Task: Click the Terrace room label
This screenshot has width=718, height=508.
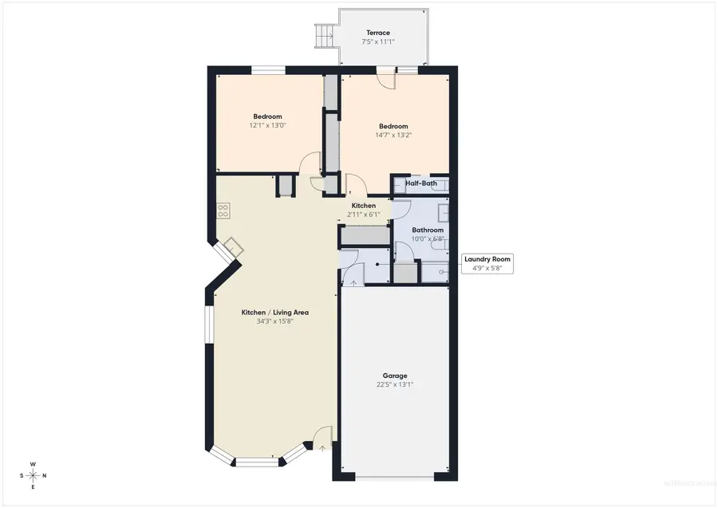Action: [378, 33]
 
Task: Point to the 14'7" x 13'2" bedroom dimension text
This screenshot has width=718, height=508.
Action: [393, 136]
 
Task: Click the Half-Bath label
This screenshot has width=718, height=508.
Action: [420, 183]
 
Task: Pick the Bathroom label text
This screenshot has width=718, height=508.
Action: [427, 230]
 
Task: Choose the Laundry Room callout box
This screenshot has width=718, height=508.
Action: [487, 263]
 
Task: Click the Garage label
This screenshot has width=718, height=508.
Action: [394, 375]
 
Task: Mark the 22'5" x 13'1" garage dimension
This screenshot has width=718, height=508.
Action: [394, 384]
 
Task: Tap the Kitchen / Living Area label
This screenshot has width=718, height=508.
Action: [274, 313]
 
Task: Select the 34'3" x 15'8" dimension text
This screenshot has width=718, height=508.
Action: [274, 322]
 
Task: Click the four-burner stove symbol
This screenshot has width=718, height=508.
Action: [223, 211]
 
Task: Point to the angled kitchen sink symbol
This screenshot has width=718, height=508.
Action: [232, 246]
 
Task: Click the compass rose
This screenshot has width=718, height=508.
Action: [33, 475]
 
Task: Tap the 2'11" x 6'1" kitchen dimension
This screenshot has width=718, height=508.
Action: [363, 215]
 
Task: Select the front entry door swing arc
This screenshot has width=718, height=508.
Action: [322, 436]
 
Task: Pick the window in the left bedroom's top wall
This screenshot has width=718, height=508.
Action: [269, 69]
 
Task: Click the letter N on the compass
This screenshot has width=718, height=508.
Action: [44, 476]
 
